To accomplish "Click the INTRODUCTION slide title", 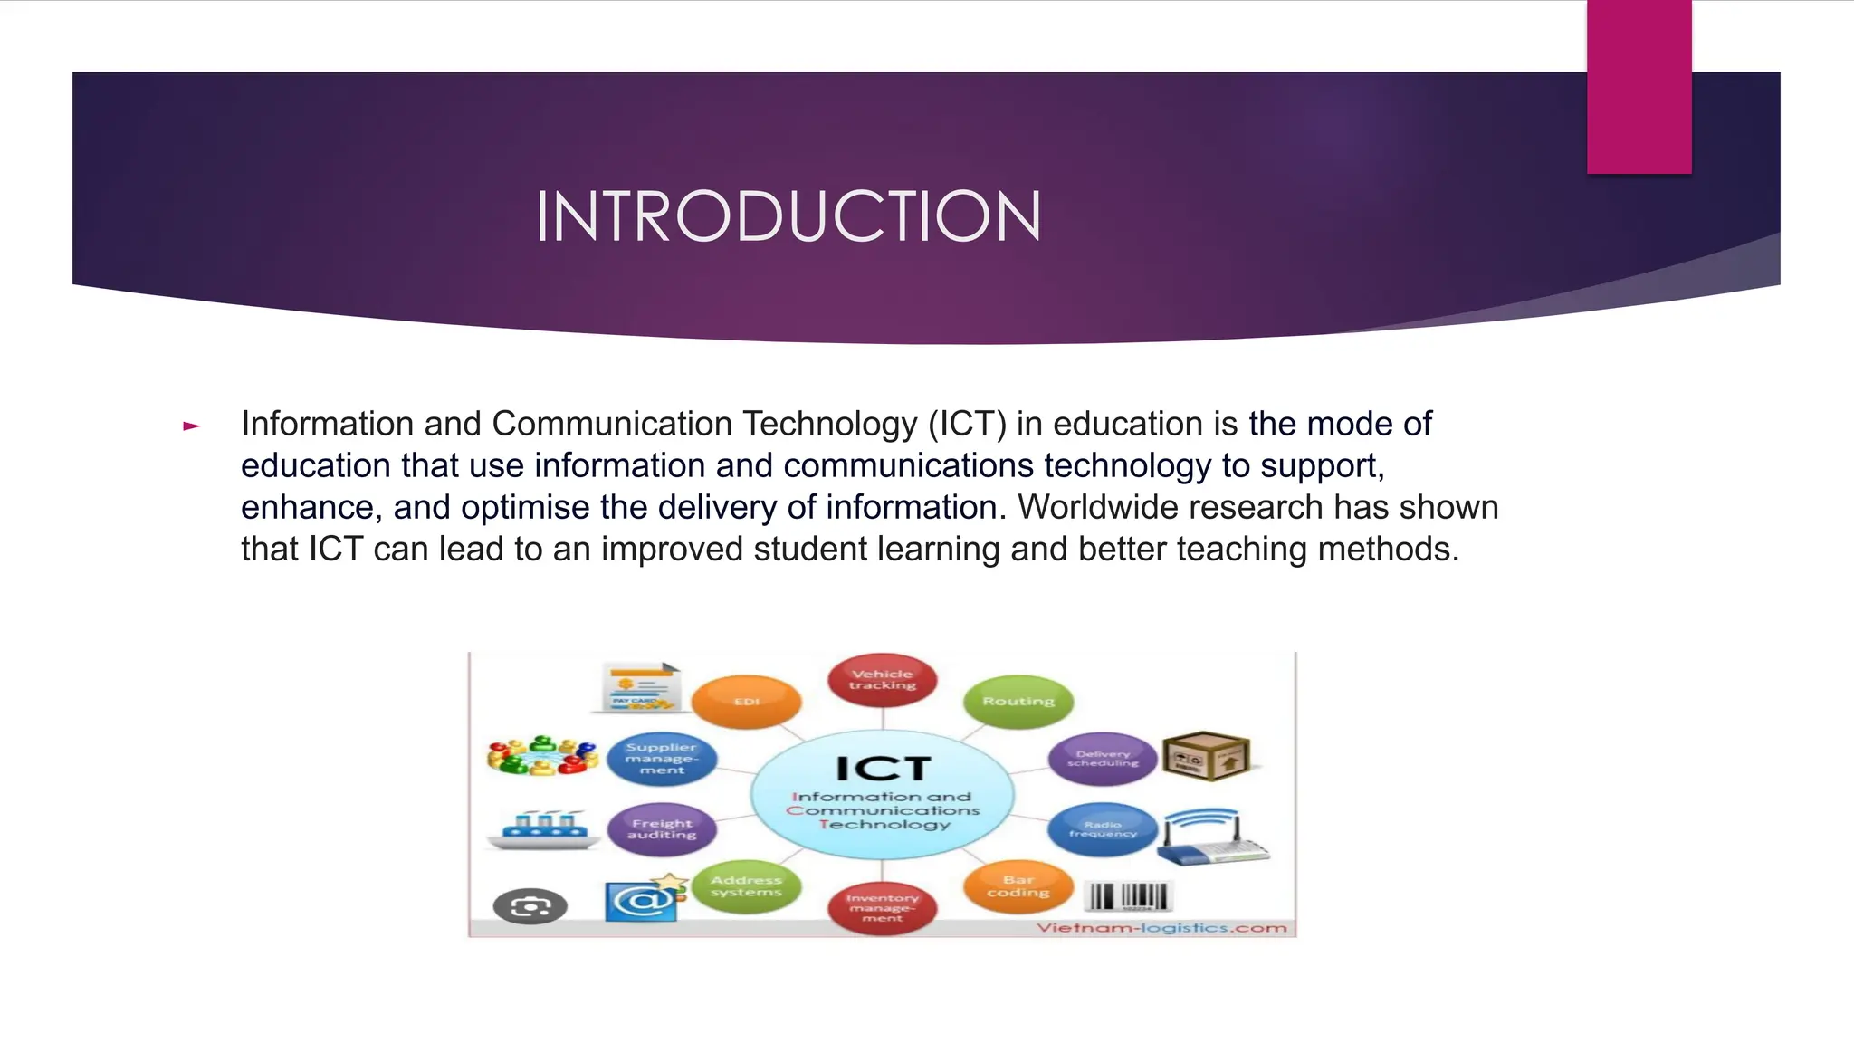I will (x=788, y=217).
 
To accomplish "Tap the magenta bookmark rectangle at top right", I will (x=1639, y=86).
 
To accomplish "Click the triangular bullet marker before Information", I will (x=191, y=426).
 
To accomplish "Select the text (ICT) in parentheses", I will (x=967, y=424).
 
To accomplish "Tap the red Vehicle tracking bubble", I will (x=882, y=680).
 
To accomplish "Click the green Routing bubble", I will (x=1018, y=702).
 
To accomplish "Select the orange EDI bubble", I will (x=746, y=702).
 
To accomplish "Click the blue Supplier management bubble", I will (x=662, y=759).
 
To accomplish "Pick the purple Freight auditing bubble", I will (x=662, y=829).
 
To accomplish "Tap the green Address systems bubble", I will (x=746, y=886).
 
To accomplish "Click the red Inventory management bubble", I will (x=882, y=908).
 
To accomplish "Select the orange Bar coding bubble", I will (x=1018, y=886).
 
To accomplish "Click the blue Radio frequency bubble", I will (x=1103, y=829).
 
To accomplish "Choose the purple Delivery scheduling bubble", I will (x=1103, y=759).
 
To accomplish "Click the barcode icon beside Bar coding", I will (x=1129, y=896).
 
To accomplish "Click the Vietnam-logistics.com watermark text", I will (x=1161, y=928).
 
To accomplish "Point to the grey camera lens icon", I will (x=530, y=906).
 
